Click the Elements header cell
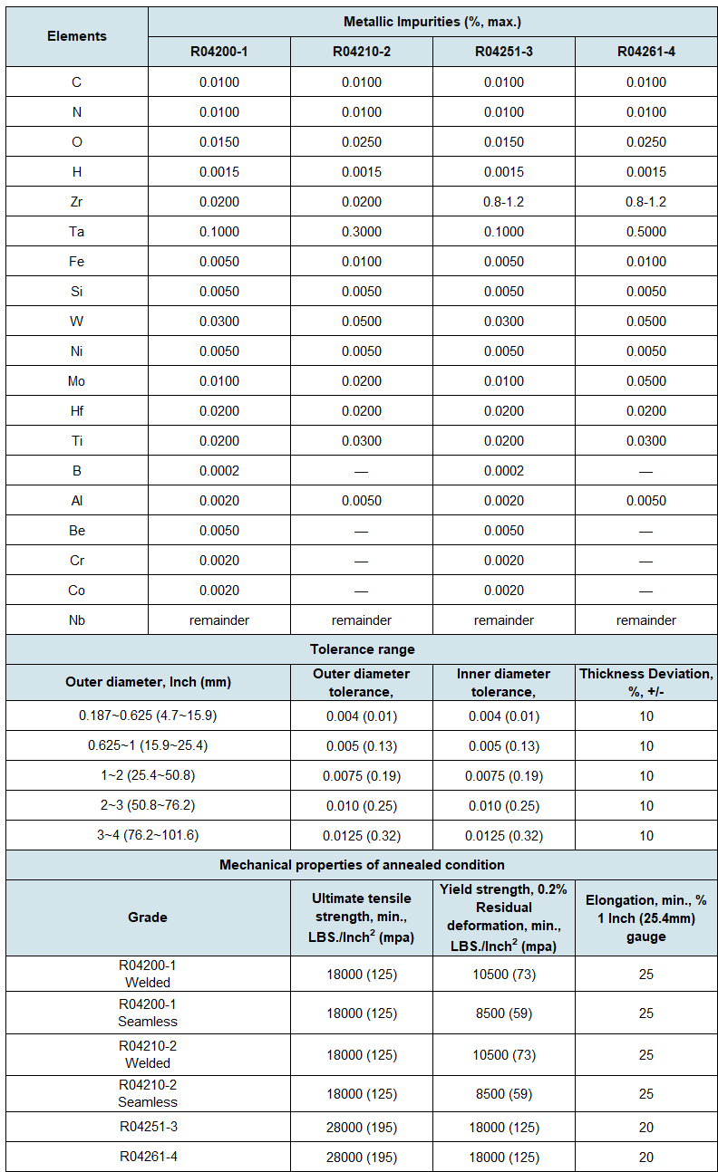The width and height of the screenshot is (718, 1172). click(x=77, y=36)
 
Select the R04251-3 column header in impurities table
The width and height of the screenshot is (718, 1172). click(x=504, y=52)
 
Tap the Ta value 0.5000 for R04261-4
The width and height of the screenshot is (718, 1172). click(x=645, y=232)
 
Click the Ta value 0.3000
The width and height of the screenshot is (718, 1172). click(x=362, y=232)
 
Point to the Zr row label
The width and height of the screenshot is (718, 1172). click(x=77, y=202)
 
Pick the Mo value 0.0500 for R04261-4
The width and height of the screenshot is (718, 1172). click(x=645, y=381)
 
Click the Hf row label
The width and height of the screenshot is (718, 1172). click(x=77, y=411)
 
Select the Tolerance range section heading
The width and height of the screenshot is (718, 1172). click(x=362, y=649)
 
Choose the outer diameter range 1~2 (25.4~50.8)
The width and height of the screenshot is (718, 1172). click(x=148, y=776)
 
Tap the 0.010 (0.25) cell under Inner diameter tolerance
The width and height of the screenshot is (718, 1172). click(x=504, y=806)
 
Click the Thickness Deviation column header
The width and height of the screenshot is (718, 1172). click(x=645, y=682)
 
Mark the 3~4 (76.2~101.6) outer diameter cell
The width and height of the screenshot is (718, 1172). click(x=148, y=836)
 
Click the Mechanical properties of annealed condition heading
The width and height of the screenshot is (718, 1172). click(x=362, y=865)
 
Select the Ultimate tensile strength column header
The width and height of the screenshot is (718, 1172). click(x=362, y=917)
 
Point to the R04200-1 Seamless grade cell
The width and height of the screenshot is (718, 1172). click(x=148, y=1013)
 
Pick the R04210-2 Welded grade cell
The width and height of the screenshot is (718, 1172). click(x=148, y=1054)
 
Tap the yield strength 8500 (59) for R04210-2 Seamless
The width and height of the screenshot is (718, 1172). click(x=504, y=1094)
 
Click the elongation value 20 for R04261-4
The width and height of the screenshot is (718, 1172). click(x=645, y=1157)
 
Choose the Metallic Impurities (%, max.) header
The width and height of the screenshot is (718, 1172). click(x=432, y=21)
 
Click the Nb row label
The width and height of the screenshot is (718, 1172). click(x=77, y=620)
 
